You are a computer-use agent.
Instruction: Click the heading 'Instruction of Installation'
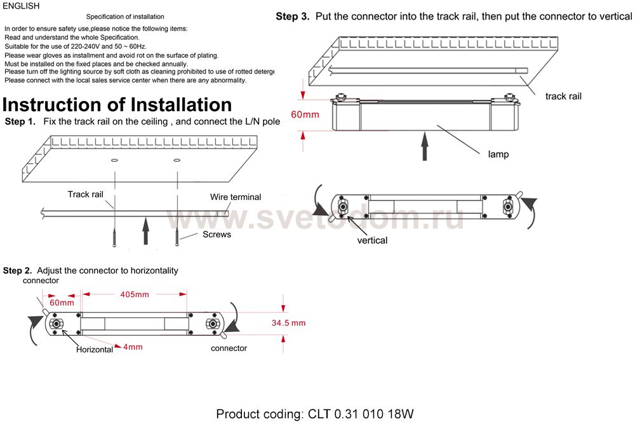(117, 104)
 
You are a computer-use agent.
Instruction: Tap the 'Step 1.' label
(20, 121)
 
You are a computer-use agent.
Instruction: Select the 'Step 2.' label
(18, 270)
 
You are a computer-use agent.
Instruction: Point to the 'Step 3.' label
(293, 17)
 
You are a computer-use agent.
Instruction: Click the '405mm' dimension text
(134, 295)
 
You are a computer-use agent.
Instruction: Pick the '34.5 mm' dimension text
(288, 323)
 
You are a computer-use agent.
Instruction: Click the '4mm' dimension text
(133, 347)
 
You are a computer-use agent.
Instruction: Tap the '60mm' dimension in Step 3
(305, 115)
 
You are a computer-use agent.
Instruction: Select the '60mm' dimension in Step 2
(62, 303)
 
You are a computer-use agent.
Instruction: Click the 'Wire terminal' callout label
(236, 197)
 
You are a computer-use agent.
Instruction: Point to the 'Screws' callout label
(217, 234)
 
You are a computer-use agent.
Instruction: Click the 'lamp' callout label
(498, 154)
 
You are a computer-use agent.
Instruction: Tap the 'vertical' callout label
(372, 241)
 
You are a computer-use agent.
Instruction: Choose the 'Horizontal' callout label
(95, 350)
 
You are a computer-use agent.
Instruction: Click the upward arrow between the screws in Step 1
(146, 230)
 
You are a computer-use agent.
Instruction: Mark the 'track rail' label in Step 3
(563, 96)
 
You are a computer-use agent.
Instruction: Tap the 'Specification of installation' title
(125, 17)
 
